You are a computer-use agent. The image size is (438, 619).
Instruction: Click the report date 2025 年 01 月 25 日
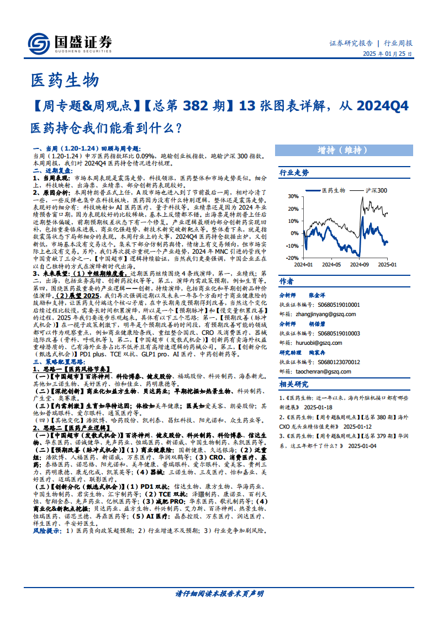click(387, 54)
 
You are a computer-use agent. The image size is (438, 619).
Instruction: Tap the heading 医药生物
click(64, 81)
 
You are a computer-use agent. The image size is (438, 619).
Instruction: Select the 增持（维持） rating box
click(342, 150)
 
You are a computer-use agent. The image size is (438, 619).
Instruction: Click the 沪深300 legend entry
click(376, 190)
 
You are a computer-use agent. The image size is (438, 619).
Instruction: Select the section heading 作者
click(287, 281)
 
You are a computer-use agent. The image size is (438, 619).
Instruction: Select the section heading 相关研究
click(294, 384)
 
